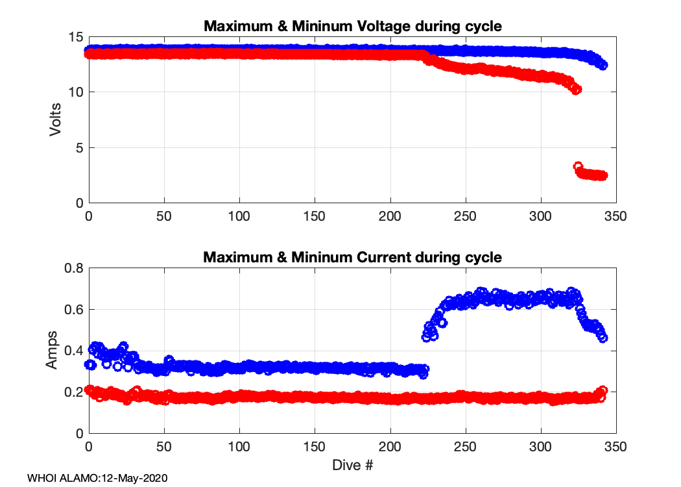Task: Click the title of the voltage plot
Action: (353, 27)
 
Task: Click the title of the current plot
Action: (353, 257)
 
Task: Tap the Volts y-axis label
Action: (56, 119)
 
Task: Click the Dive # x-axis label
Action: (353, 465)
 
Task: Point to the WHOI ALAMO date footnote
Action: (97, 478)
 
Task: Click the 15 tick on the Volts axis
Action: (76, 37)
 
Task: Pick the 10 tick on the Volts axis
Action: (76, 92)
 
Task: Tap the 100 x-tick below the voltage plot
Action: (239, 216)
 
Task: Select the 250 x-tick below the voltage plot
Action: (466, 216)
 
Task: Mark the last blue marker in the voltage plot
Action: (603, 65)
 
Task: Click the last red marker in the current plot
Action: (603, 390)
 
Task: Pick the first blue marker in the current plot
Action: (90, 365)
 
